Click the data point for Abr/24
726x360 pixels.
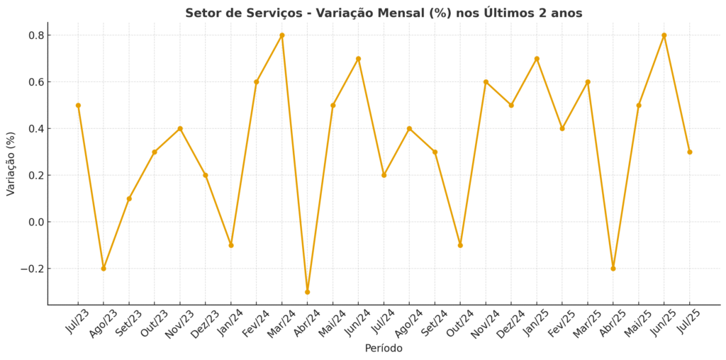[307, 292]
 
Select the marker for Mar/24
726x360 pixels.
[281, 35]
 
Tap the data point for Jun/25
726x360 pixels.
[664, 35]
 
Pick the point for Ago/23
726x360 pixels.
[104, 269]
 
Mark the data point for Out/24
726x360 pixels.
[460, 245]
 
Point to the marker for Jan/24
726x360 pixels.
[230, 245]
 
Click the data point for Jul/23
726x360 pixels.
[78, 105]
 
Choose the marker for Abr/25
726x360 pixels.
[613, 269]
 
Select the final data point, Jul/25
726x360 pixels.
[689, 152]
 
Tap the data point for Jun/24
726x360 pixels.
[358, 58]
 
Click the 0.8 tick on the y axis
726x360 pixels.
[36, 35]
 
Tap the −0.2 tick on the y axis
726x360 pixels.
[33, 269]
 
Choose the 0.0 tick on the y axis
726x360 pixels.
[36, 222]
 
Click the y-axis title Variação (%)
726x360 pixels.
[11, 163]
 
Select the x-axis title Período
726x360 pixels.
[384, 348]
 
